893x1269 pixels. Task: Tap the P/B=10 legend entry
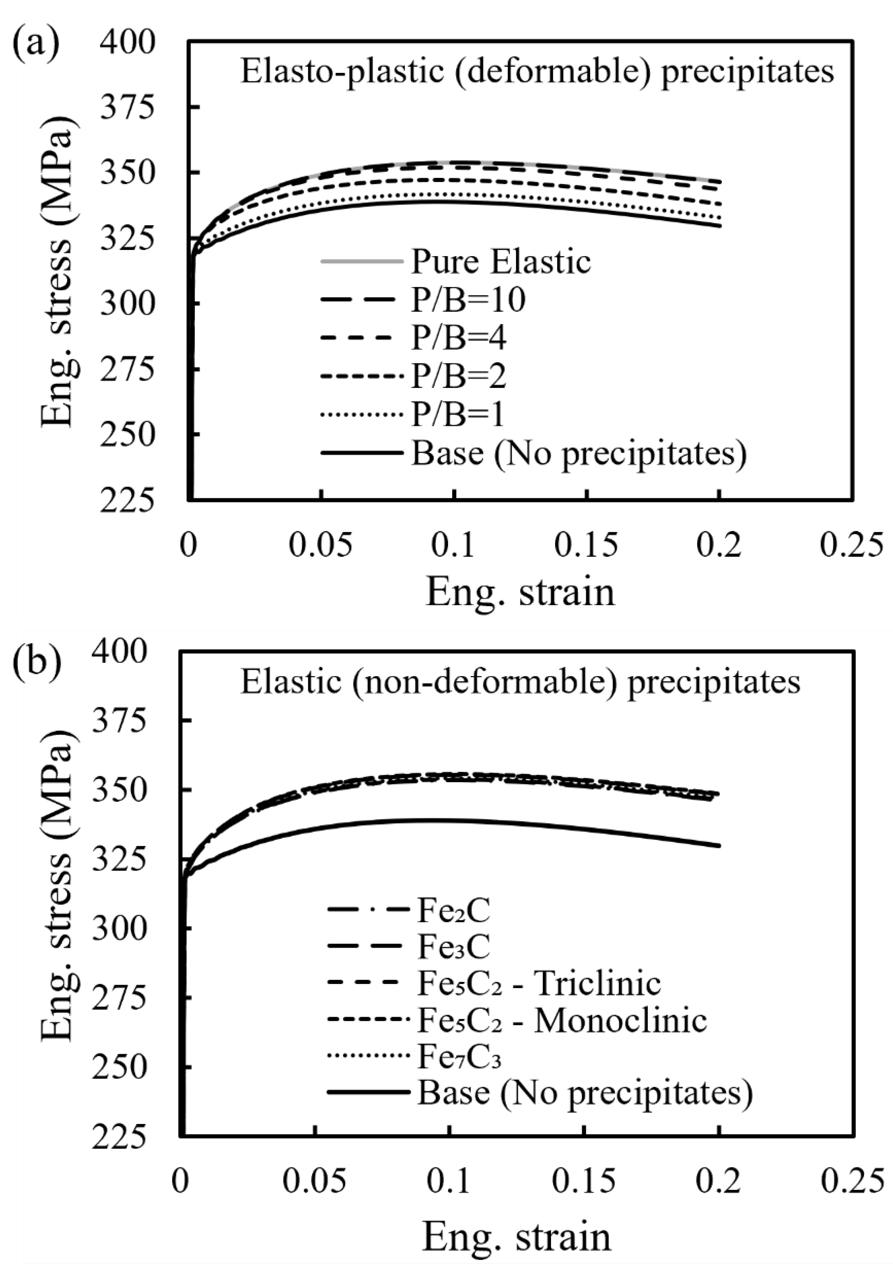pyautogui.click(x=468, y=300)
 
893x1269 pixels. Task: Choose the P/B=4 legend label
pyautogui.click(x=458, y=338)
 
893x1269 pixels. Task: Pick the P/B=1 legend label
pyautogui.click(x=458, y=415)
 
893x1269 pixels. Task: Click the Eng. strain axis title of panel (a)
pyautogui.click(x=520, y=591)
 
